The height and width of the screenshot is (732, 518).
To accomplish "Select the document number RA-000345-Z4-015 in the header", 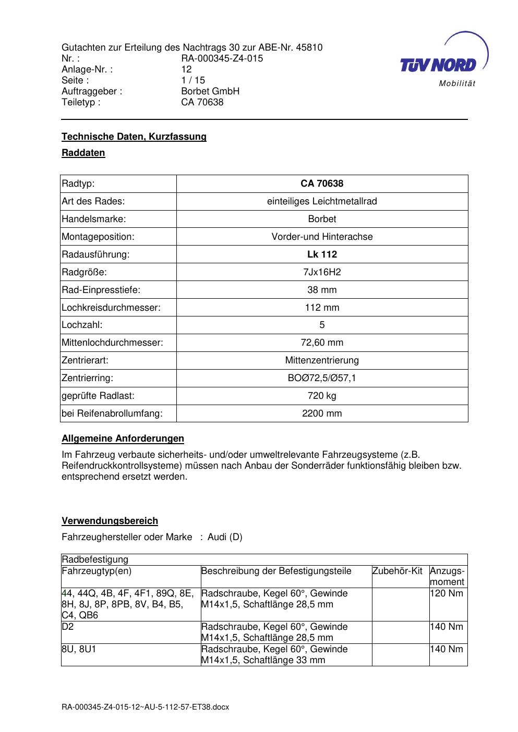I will coord(222,58).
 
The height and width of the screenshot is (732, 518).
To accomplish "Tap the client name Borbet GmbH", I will coord(210,91).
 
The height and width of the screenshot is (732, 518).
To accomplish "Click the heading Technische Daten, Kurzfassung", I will coord(134,137).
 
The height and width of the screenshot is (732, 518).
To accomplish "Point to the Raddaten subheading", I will coord(83,153).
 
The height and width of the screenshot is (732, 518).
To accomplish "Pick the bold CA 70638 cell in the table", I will coord(322,184).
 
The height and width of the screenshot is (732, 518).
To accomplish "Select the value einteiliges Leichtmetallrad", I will coord(322,201).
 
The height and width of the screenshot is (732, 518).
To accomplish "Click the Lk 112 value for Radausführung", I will coord(322,254).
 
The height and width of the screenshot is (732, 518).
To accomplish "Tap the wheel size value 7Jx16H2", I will coord(322,272).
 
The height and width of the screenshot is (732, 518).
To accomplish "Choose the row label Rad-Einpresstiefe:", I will coord(101,290).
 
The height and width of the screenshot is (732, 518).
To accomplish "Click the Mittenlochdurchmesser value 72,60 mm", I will coord(322,343).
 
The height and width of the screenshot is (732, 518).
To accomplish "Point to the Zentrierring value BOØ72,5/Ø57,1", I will coord(322,378).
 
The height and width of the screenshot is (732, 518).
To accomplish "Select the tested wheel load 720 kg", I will coord(322,396).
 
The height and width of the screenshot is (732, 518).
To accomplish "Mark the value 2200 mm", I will coord(322,413).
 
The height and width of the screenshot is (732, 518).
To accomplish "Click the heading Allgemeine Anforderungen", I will coord(123,438).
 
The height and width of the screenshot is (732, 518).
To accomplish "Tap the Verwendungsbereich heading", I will coord(110,521).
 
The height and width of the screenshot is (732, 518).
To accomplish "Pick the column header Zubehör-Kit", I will coord(397,571).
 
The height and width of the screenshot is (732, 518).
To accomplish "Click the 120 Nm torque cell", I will coord(447,593).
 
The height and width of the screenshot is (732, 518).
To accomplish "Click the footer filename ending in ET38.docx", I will coord(145,707).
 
